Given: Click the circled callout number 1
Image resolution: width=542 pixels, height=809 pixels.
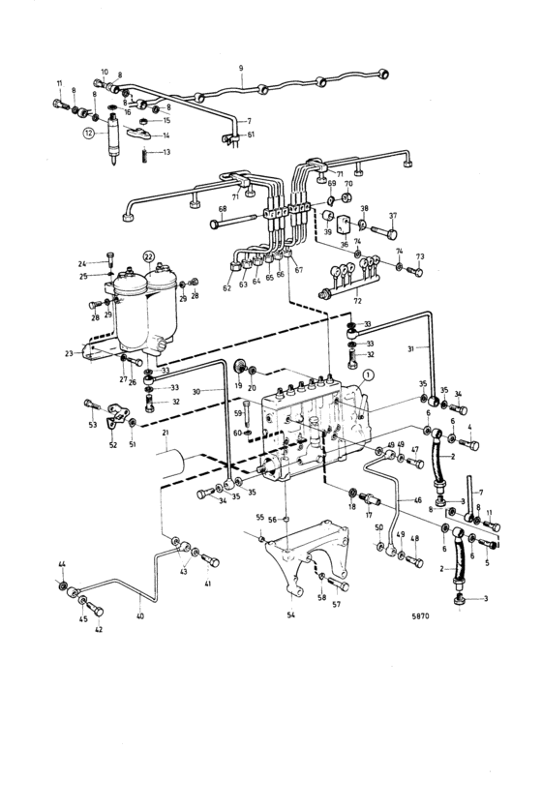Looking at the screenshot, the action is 367,376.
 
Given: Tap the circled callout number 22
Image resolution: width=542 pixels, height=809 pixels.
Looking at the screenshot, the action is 149,255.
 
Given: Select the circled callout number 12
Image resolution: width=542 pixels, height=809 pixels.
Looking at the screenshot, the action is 89,134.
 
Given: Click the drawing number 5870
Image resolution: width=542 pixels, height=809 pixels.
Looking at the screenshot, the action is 420,615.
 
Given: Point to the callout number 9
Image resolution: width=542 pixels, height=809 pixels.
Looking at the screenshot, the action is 241,68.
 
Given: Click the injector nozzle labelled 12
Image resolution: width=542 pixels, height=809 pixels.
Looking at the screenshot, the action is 112,139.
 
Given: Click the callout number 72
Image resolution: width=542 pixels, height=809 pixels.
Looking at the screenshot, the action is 357,300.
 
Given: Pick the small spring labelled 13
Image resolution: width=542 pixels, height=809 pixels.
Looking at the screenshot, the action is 145,153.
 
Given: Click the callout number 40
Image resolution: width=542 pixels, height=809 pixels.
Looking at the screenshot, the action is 140,616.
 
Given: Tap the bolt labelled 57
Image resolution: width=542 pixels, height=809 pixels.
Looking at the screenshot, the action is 338,585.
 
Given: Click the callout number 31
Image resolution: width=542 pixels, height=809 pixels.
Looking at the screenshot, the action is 411,348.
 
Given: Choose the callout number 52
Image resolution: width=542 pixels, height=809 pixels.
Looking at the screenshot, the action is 113,444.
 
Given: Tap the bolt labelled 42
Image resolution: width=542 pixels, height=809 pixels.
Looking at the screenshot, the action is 95,609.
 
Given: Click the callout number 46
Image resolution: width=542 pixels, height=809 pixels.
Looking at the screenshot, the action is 418,499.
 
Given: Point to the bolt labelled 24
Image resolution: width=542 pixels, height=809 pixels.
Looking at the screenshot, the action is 111,257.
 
